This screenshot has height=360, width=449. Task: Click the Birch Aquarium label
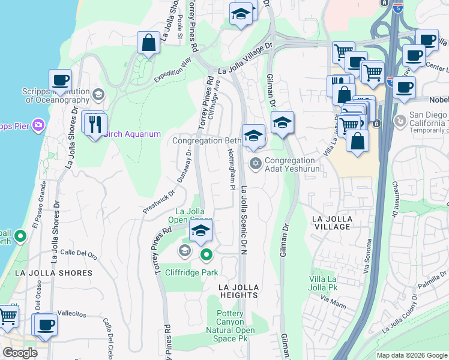coord(133,134)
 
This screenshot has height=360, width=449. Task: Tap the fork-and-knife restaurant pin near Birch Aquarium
coord(96,124)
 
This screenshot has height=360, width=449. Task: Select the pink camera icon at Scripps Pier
coord(39,125)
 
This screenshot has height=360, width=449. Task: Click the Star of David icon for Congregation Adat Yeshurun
coord(256,163)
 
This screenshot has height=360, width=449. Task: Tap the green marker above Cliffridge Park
coord(206,256)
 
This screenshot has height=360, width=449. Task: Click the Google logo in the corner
coord(20,353)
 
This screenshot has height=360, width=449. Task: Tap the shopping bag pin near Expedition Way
coord(148,43)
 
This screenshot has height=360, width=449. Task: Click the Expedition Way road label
coord(172,70)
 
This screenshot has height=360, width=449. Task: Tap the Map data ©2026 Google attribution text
coord(411,355)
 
